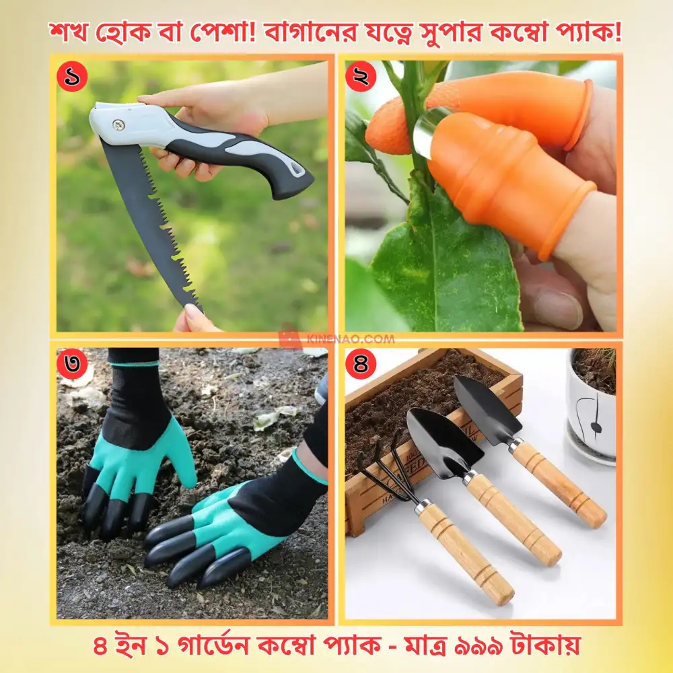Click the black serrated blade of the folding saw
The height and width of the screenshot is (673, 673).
151,222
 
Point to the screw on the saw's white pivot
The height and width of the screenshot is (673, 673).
118,125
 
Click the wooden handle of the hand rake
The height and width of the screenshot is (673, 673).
464,552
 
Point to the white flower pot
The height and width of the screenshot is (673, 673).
591,417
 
